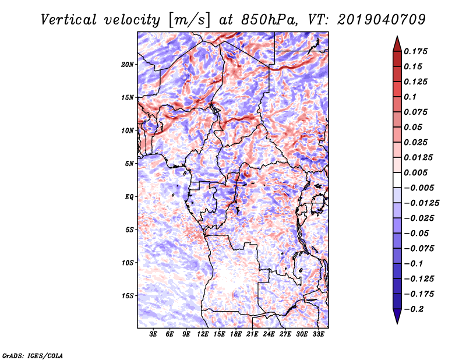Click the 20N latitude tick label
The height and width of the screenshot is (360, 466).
pos(128,64)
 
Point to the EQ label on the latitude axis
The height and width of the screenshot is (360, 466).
pos(129,197)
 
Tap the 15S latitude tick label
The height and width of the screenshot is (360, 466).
pos(128,296)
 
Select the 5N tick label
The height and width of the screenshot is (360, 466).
pos(129,164)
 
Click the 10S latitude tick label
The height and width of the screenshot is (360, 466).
pos(128,263)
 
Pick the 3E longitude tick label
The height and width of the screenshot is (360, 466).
pos(154,335)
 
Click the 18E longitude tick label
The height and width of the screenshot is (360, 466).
pos(236,335)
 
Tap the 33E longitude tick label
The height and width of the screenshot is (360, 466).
pos(318,335)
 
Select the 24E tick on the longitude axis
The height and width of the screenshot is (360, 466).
pos(269,335)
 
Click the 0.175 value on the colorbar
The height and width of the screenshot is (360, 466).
pos(418,51)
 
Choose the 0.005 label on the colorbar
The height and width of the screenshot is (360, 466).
pos(418,172)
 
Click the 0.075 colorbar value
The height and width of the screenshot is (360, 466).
pos(418,112)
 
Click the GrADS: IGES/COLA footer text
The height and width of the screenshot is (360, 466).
pos(33,355)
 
